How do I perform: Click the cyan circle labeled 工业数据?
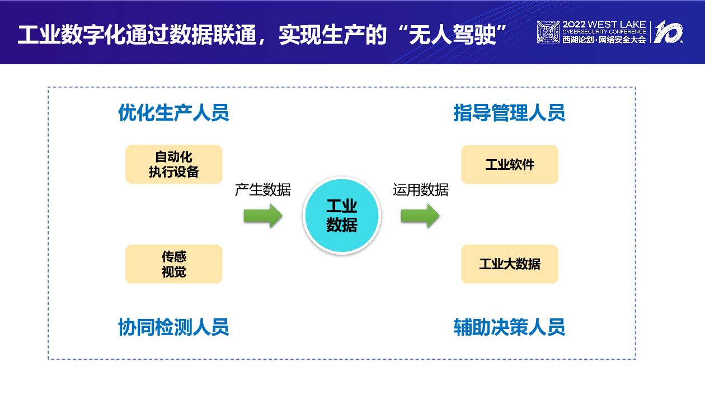point(341,216)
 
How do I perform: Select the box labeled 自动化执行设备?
point(173,164)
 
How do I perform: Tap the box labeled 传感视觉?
point(173,264)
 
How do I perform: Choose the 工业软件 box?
point(509,164)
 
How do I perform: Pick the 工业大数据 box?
point(509,264)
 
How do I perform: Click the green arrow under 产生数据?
point(263,215)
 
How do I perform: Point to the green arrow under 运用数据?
point(420,215)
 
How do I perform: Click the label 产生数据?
point(262,190)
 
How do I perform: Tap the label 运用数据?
point(420,190)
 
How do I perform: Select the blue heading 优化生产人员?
point(173,113)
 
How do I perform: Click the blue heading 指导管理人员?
point(509,113)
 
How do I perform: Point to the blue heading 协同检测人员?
point(173,327)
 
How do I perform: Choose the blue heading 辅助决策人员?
point(509,327)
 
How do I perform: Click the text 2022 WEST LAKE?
point(604,25)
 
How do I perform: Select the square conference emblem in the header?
point(548,32)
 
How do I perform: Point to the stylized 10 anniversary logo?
point(669,32)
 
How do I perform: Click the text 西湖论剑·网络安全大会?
point(604,40)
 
